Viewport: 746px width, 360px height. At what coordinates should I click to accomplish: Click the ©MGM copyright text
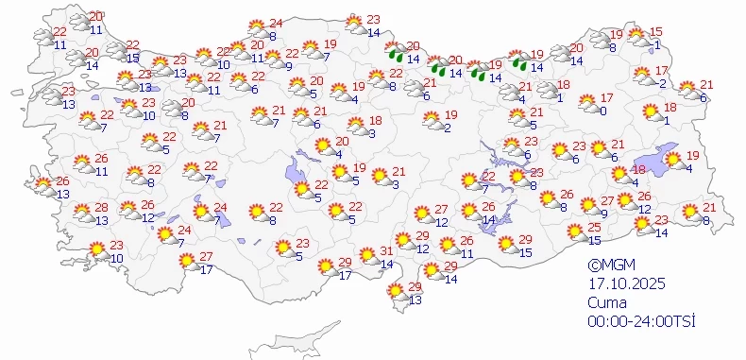click(608, 266)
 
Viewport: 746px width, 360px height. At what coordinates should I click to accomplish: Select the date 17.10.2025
click(619, 285)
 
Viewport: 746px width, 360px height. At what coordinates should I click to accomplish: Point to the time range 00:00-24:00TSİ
click(640, 322)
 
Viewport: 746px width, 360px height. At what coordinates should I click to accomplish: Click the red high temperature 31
click(386, 250)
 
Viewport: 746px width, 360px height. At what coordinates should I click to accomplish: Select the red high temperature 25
click(594, 228)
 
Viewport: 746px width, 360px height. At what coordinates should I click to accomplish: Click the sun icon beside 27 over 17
click(187, 261)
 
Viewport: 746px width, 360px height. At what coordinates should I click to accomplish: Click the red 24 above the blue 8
click(276, 24)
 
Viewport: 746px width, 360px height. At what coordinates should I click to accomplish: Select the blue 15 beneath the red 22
click(133, 58)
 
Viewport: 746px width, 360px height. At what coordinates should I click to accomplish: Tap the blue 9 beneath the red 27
click(603, 214)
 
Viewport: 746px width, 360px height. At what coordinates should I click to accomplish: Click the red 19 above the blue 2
click(451, 114)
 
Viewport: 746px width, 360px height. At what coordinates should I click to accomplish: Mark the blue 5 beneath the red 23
click(299, 255)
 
